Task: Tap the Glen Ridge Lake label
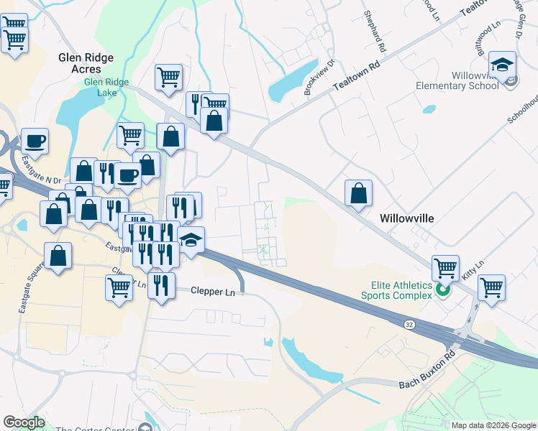106,88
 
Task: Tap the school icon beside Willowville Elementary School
501,65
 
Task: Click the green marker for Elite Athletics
443,291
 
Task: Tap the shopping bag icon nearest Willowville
358,193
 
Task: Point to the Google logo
24,422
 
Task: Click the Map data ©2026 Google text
493,425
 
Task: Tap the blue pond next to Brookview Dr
286,86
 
